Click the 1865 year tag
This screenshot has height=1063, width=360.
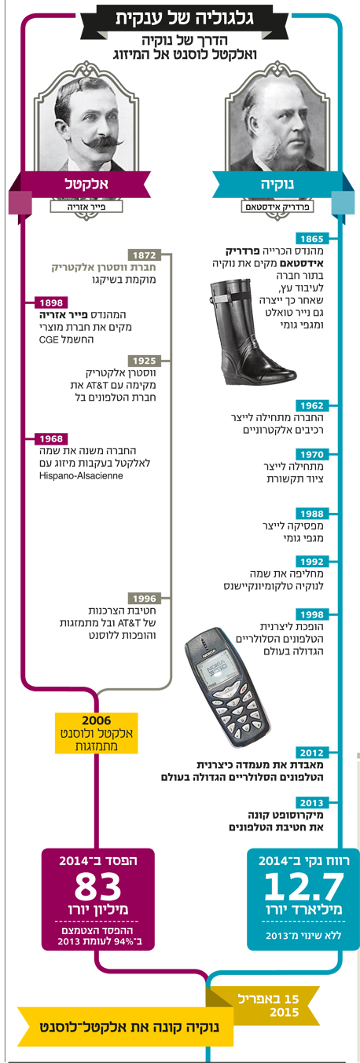pos(311,239)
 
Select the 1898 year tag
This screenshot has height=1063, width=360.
pos(51,302)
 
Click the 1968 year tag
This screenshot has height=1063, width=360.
pos(51,439)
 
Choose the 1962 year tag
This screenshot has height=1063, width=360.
pos(311,405)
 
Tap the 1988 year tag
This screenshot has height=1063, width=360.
pos(311,514)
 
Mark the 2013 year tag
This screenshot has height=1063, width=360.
pos(311,802)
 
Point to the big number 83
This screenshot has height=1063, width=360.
pos(97,887)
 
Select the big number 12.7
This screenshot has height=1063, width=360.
pos(303,886)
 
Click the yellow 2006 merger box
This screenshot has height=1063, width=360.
pos(97,733)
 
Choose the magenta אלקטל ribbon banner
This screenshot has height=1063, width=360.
pos(81,184)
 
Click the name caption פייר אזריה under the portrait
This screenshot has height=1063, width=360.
pos(86,207)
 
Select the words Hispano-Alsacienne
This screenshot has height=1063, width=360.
pos(81,475)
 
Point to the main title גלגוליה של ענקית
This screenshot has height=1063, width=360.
pos(184,18)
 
